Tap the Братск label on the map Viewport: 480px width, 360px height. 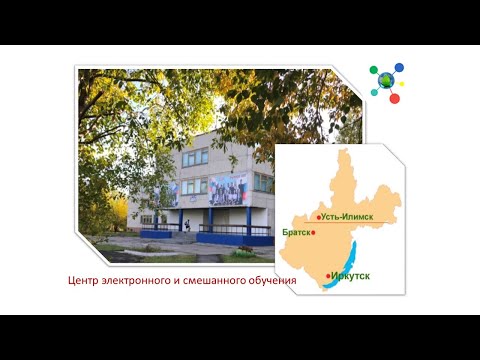[x=297, y=232]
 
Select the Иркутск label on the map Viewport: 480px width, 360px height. [x=350, y=272]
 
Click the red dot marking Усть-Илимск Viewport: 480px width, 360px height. [x=319, y=217]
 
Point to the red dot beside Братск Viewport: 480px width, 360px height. [x=314, y=232]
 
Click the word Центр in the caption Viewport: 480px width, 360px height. [x=83, y=281]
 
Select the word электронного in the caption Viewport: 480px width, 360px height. [x=138, y=281]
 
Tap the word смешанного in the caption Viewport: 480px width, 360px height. [x=214, y=281]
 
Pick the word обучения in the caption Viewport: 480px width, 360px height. [x=272, y=281]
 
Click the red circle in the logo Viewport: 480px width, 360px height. [x=394, y=98]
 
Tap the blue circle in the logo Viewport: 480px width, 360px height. [x=399, y=68]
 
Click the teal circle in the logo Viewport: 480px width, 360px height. [x=374, y=92]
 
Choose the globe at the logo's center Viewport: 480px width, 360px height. [x=386, y=80]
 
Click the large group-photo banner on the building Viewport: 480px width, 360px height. [x=228, y=188]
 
